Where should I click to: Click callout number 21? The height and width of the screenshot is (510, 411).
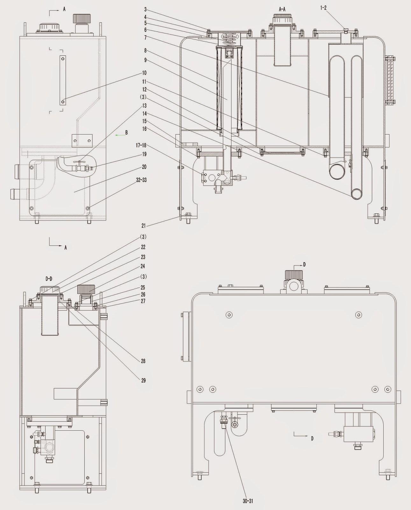coord(144,226)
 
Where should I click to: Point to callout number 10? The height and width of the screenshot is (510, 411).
coord(144,73)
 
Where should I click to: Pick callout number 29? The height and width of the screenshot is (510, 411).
coord(143,380)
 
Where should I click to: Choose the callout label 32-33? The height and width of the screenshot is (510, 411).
coord(141,180)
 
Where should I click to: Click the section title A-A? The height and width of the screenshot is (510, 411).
coord(282,10)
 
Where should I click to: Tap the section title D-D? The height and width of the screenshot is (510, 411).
coord(49,279)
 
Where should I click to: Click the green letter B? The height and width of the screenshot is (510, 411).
coord(126,133)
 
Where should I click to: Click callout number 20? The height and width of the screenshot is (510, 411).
coord(144,167)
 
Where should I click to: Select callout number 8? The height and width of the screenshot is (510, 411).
coord(145,51)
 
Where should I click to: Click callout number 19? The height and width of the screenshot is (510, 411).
coord(144,154)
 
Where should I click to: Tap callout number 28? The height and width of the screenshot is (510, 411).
coord(143,361)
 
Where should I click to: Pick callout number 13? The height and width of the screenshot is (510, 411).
coord(144,106)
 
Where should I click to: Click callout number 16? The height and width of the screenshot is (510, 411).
coord(144,129)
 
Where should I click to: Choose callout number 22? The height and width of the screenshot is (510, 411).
coord(143,247)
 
